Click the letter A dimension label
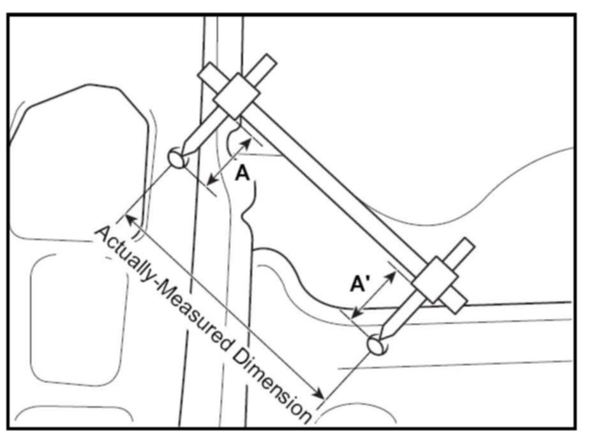click(242, 172)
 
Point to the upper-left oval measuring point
click(177, 156)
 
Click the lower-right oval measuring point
click(378, 344)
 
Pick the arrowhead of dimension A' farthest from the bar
click(356, 315)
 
